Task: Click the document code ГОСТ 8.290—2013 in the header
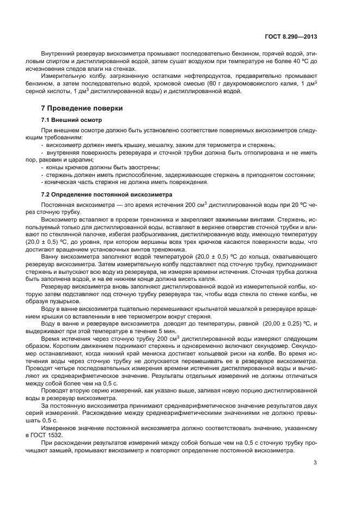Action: [291, 36]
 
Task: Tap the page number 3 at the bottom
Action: [315, 464]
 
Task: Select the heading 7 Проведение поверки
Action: [82, 108]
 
